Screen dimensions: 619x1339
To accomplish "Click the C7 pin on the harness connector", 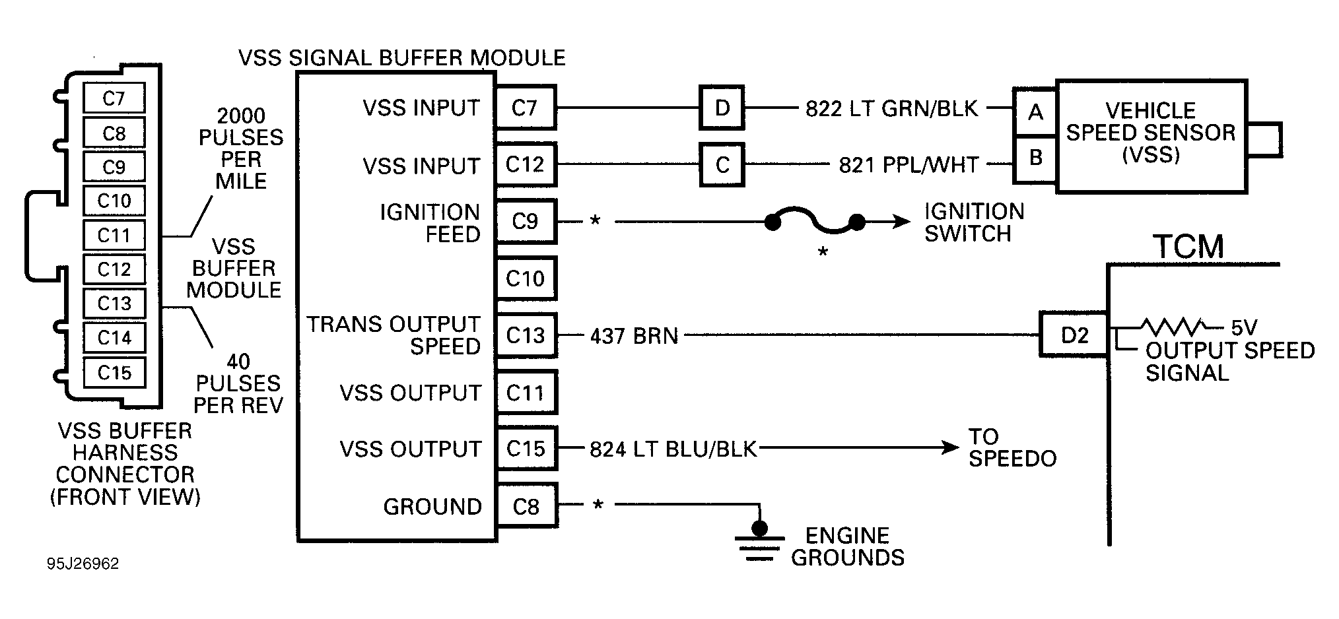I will pyautogui.click(x=114, y=98).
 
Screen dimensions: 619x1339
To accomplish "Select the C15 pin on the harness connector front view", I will pyautogui.click(x=114, y=373).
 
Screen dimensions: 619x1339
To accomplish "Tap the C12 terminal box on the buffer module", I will pyautogui.click(x=526, y=164).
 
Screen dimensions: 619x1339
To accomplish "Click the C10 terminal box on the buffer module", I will pyautogui.click(x=526, y=278).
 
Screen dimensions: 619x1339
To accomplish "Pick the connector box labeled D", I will pyautogui.click(x=722, y=108).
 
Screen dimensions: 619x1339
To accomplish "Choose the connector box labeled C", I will pyautogui.click(x=722, y=164).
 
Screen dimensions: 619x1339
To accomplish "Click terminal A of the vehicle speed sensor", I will pyautogui.click(x=1035, y=112).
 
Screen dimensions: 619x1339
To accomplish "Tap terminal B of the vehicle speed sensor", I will pyautogui.click(x=1035, y=158).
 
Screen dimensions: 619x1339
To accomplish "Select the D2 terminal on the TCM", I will pyautogui.click(x=1074, y=335).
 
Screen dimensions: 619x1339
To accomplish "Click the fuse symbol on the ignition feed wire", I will pyautogui.click(x=814, y=224).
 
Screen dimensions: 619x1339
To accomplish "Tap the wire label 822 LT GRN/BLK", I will pyautogui.click(x=891, y=108).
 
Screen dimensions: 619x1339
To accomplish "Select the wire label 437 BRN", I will pyautogui.click(x=634, y=336).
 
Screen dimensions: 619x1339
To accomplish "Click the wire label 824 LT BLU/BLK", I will pyautogui.click(x=673, y=449).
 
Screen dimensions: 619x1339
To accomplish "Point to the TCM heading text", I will pyautogui.click(x=1188, y=247).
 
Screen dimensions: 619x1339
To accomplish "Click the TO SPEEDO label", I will pyautogui.click(x=1012, y=447).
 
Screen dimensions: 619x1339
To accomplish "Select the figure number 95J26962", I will pyautogui.click(x=83, y=564).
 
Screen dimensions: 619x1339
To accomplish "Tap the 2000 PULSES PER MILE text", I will pyautogui.click(x=241, y=148).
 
